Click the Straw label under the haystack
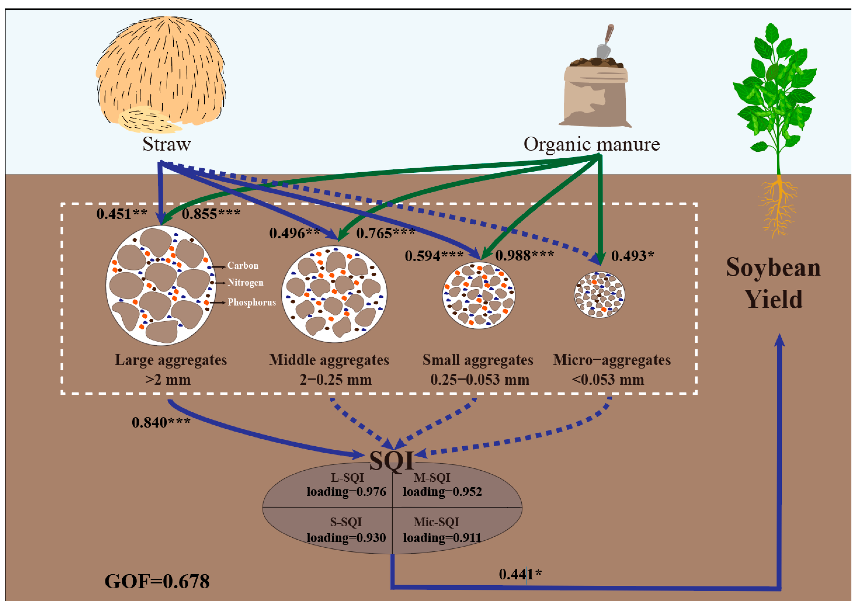point(166,144)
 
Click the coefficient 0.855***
point(211,214)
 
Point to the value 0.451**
point(122,214)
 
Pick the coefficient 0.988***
point(524,256)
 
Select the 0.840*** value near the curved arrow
point(161,423)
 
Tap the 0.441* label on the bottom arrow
point(520,574)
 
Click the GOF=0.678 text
point(157,582)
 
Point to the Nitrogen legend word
point(245,283)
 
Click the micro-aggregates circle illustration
point(599,295)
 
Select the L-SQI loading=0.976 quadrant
point(346,485)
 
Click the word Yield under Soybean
point(774,300)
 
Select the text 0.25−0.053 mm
point(480,380)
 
